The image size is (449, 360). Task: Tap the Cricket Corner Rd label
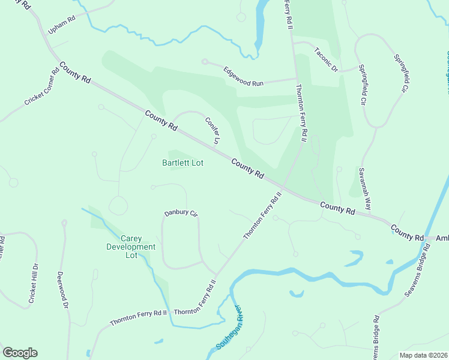[x=41, y=86]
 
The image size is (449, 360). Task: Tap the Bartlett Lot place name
[x=182, y=163]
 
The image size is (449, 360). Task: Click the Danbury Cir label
[x=181, y=213]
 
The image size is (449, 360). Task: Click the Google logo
[x=20, y=353]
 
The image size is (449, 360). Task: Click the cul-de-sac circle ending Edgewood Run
[x=205, y=61]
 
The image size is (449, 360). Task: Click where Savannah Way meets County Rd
[x=372, y=215]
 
